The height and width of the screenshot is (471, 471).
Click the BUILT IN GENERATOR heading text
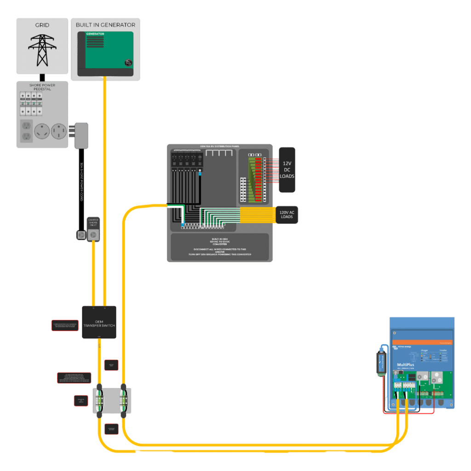[x=105, y=24]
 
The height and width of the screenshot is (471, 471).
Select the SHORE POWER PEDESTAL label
[x=43, y=86]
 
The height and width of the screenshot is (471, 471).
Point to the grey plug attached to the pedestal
[x=81, y=135]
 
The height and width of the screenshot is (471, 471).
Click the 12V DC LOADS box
[x=287, y=170]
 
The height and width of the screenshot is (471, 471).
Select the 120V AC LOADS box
[x=287, y=214]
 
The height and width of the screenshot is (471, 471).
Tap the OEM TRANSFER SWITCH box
[x=99, y=322]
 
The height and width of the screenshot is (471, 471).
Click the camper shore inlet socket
[x=94, y=235]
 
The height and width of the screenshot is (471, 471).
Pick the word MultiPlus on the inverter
[x=404, y=364]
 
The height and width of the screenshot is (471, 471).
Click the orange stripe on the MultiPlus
[x=422, y=343]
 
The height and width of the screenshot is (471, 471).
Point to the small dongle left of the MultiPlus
[x=381, y=363]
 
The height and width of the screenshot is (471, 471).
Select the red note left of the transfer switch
[x=64, y=326]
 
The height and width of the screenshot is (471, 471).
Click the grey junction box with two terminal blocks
[x=112, y=401]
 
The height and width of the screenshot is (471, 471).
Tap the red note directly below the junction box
[x=111, y=429]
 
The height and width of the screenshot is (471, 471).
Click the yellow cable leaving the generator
[x=105, y=184]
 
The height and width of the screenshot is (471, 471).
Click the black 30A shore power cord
[x=81, y=184]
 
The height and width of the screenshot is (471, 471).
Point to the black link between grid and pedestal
[x=42, y=77]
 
